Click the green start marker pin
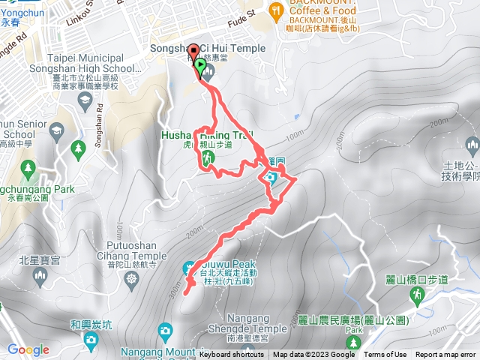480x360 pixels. click(x=200, y=67)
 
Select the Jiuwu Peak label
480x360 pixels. click(x=228, y=265)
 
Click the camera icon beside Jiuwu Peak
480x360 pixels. click(x=190, y=267)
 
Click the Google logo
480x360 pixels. click(x=28, y=349)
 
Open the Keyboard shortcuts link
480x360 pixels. click(x=232, y=355)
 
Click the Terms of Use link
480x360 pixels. click(x=385, y=355)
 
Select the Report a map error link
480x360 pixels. click(x=445, y=355)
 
